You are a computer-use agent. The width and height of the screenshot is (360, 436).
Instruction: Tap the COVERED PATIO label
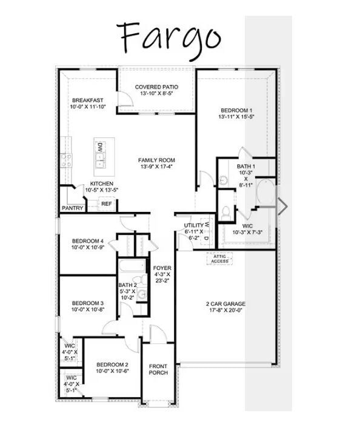point(156,87)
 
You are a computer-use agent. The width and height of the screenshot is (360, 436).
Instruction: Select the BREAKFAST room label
point(87,100)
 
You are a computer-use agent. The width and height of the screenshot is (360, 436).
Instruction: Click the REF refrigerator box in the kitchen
point(107,204)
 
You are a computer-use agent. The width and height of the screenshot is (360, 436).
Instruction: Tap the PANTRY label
point(72,208)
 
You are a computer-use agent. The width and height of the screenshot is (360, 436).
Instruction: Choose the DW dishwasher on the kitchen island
point(101,147)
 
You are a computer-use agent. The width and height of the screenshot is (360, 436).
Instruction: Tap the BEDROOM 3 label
point(88,303)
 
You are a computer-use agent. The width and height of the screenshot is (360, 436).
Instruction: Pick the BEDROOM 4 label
point(88,240)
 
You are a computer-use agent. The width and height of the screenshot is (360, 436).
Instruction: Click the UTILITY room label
point(195,225)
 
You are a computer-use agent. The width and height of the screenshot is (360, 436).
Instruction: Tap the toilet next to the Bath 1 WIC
point(226,213)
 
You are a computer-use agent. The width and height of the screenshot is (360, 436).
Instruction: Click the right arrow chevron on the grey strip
point(282,206)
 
